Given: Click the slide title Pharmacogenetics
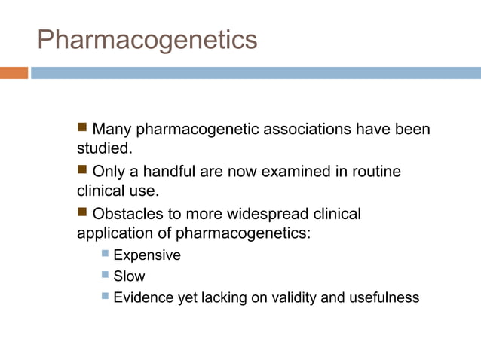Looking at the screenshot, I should coord(147,39).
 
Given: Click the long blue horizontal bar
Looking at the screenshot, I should coord(256,73).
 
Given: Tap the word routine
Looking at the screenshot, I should coord(374,172).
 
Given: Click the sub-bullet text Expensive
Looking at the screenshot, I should coord(146,255).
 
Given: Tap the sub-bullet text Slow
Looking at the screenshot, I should coord(128,276).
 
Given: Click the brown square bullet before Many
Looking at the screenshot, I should coord(83,129).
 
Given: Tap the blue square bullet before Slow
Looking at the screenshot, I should coord(105,276).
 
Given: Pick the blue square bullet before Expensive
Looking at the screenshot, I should coord(105,255).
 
